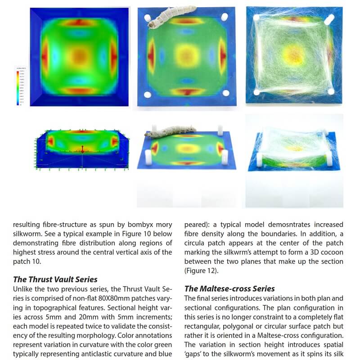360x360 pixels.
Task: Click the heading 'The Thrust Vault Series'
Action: click(x=55, y=279)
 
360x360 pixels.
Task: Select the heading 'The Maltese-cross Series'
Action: click(x=229, y=288)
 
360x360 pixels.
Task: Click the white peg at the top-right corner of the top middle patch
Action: click(x=224, y=17)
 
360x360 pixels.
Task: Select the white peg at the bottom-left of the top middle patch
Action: click(x=147, y=95)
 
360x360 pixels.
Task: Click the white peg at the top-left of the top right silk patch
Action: click(x=257, y=18)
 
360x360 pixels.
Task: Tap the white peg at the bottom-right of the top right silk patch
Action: click(x=331, y=91)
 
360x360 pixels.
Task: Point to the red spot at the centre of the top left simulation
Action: click(x=80, y=56)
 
